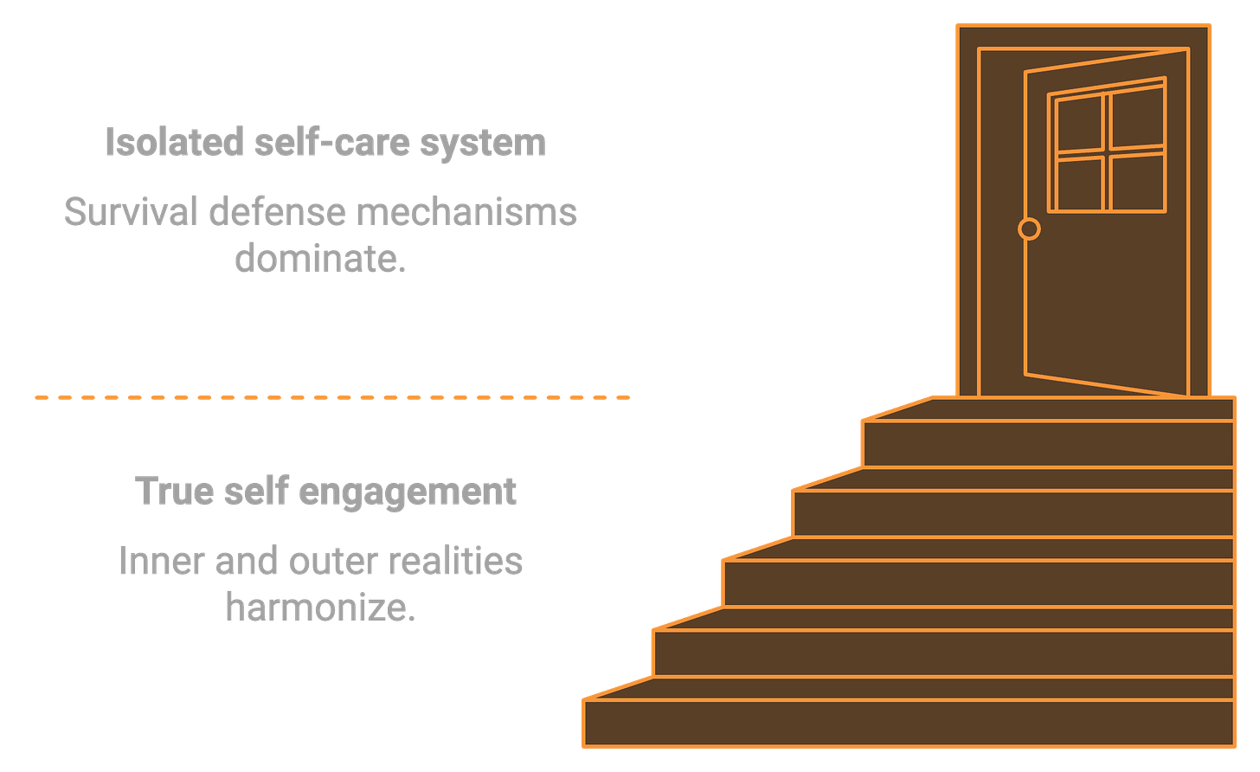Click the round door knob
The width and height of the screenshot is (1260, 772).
pos(1029,228)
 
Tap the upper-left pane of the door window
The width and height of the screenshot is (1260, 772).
pos(1080,125)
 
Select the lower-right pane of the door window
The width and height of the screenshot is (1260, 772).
pos(1137,182)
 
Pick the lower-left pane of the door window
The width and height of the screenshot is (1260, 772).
pos(1080,184)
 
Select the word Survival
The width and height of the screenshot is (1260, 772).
pos(128,212)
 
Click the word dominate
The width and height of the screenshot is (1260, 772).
pos(319,259)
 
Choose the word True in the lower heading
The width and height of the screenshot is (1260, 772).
pos(170,491)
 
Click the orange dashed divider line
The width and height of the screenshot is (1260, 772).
pos(332,398)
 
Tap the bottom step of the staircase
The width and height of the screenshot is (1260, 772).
pos(909,724)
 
